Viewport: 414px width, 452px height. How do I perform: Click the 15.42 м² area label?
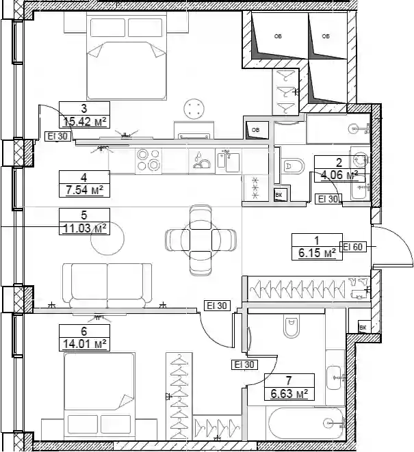click(x=85, y=122)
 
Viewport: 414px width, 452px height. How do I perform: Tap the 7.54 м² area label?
click(x=85, y=190)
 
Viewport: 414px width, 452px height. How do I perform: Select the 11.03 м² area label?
click(x=85, y=228)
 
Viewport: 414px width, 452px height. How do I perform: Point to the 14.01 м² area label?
click(x=85, y=344)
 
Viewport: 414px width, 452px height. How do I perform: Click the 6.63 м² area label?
click(x=289, y=393)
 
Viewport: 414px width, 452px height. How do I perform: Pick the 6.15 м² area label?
click(x=317, y=253)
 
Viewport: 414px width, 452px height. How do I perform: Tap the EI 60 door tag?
click(x=353, y=247)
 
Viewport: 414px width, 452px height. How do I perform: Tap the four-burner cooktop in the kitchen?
click(x=148, y=160)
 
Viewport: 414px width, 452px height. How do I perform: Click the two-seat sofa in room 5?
click(x=107, y=285)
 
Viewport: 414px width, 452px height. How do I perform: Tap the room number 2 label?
click(x=339, y=163)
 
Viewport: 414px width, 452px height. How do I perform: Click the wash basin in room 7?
click(x=335, y=377)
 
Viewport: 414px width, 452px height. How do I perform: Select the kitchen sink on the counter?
click(x=228, y=161)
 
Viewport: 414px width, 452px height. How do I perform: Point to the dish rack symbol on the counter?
click(x=202, y=161)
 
